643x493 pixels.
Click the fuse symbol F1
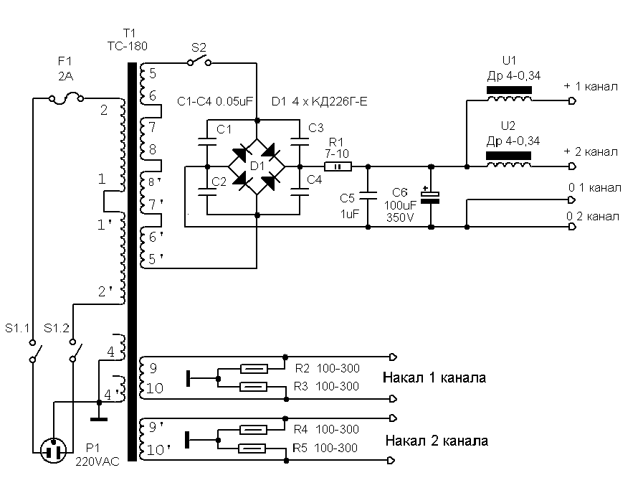tap(65, 98)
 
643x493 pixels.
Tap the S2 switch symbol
tap(199, 63)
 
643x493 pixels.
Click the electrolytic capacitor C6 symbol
tap(430, 197)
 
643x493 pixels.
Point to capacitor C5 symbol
tap(368, 194)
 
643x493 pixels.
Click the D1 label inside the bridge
tap(256, 166)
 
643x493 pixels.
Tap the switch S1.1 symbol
tap(33, 353)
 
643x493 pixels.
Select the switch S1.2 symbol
tap(75, 353)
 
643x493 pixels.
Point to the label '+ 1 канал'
tap(591, 87)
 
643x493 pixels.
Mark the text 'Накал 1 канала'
tap(434, 377)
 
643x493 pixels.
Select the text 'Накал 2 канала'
tap(437, 440)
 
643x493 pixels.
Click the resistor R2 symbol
tap(254, 369)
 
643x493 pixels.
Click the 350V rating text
tap(399, 216)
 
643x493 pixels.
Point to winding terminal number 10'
tap(158, 451)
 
